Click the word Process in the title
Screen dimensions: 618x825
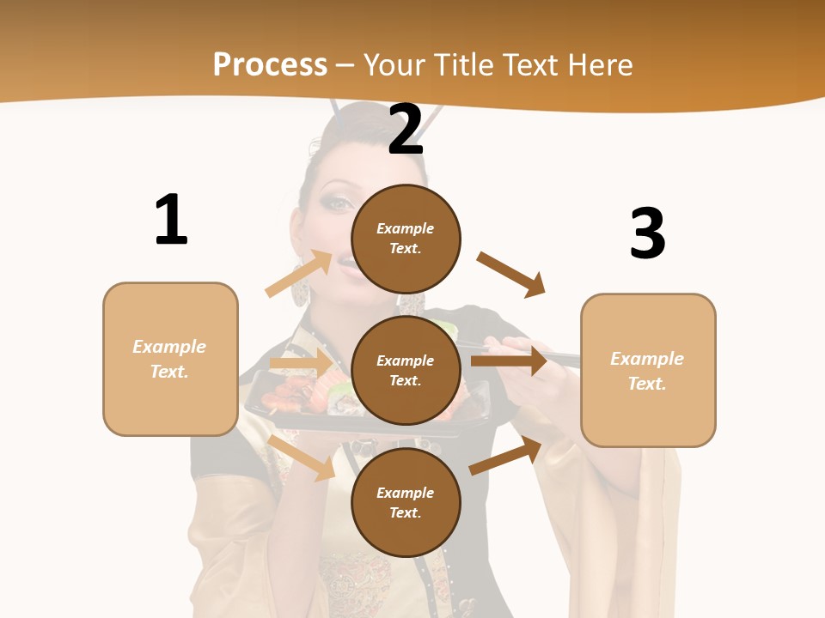coord(270,65)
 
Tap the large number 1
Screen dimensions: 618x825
coord(171,220)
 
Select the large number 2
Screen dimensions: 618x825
coord(406,130)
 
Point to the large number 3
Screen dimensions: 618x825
coord(647,233)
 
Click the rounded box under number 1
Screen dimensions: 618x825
coord(170,359)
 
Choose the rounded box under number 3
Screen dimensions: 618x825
coord(648,370)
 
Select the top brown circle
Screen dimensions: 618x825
coord(406,239)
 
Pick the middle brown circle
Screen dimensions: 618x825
coord(406,370)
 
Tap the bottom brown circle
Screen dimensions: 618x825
coord(406,502)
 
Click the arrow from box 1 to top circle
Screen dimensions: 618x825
coord(299,274)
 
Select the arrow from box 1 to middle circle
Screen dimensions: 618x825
coord(300,364)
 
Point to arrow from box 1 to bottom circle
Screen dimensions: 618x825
coord(302,457)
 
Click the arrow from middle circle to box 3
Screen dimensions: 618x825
coord(509,360)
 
